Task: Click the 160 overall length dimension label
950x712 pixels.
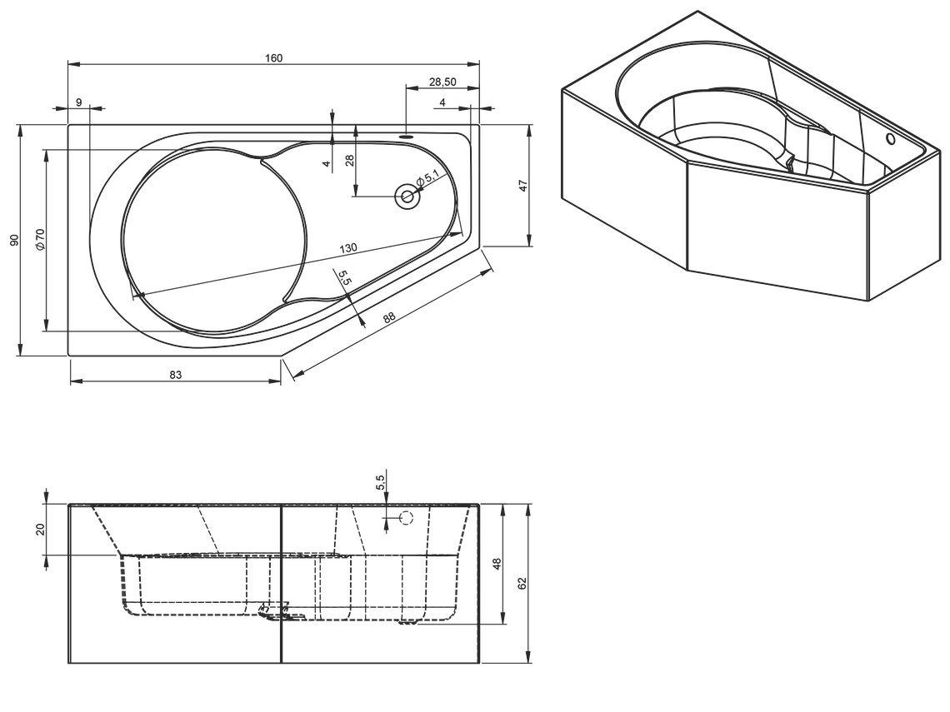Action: click(274, 58)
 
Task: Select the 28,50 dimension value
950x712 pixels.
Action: click(442, 82)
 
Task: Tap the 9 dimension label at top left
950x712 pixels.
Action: click(79, 102)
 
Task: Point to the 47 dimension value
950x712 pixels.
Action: click(524, 185)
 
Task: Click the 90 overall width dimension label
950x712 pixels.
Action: click(14, 240)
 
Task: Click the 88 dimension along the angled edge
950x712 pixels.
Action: click(389, 317)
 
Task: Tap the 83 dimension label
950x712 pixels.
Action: click(176, 375)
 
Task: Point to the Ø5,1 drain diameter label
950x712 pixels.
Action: click(427, 178)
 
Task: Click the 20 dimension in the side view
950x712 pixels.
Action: click(41, 529)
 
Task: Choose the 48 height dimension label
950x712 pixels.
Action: click(497, 565)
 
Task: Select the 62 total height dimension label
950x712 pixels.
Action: click(522, 583)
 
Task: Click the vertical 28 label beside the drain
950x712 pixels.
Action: click(349, 161)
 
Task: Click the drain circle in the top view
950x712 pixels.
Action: click(407, 197)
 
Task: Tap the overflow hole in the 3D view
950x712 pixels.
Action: click(891, 139)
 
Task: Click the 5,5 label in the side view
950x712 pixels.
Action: click(380, 482)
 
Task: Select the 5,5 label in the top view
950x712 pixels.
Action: click(344, 278)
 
